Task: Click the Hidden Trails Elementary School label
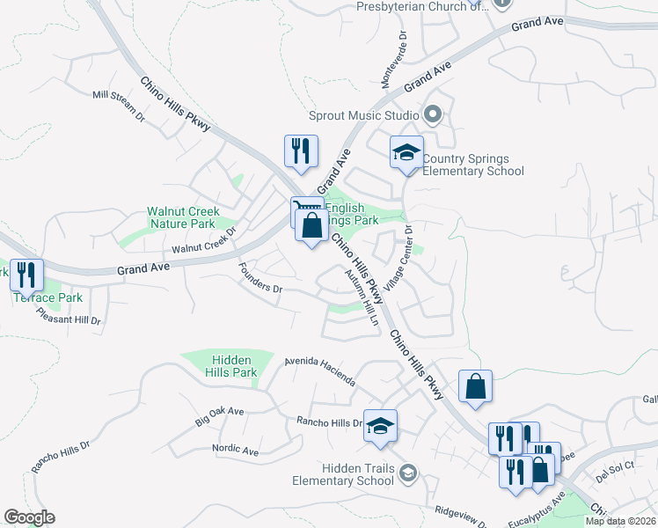[x=345, y=474]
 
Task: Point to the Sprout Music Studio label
[x=363, y=115]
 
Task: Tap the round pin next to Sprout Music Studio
[x=432, y=114]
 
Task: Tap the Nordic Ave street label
[x=235, y=451]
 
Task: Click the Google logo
[x=29, y=517]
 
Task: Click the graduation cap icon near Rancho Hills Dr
[x=380, y=426]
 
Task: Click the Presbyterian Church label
[x=420, y=5]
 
